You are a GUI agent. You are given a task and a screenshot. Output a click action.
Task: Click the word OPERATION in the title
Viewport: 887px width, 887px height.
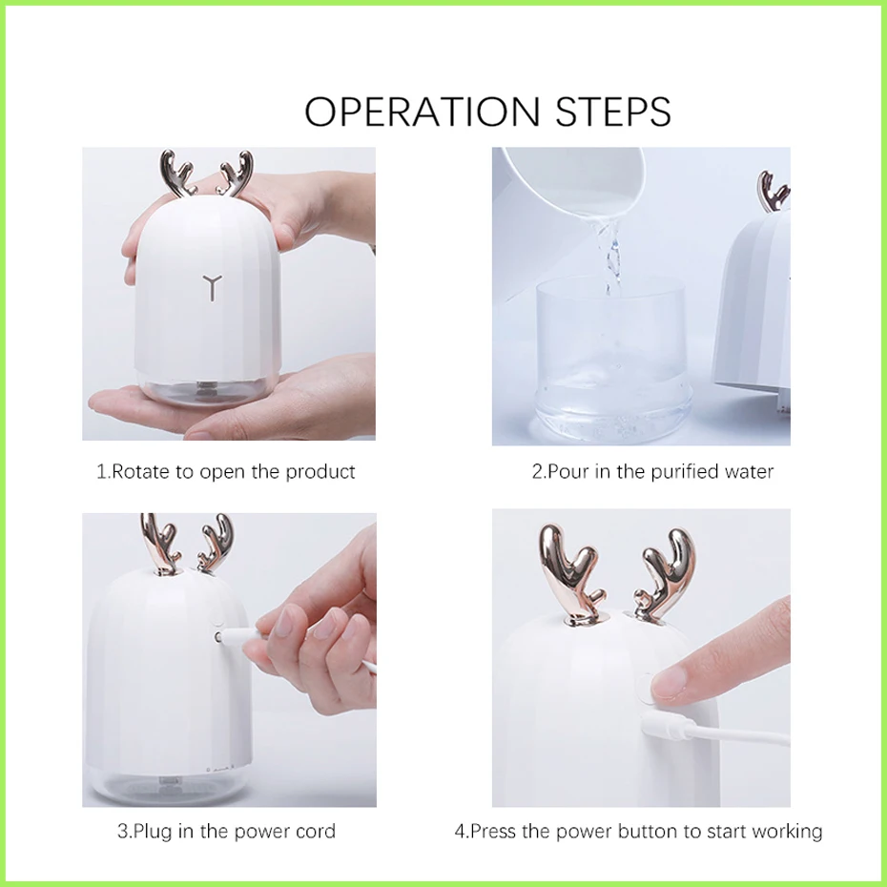coord(423,111)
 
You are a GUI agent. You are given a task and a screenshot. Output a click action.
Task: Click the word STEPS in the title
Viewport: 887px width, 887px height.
coord(613,111)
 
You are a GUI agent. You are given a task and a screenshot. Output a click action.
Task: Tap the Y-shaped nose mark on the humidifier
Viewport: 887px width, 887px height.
coord(212,287)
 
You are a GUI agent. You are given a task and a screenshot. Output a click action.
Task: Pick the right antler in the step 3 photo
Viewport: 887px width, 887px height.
coord(215,543)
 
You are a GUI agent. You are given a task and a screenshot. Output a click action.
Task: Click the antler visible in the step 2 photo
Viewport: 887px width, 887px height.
coord(773,191)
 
